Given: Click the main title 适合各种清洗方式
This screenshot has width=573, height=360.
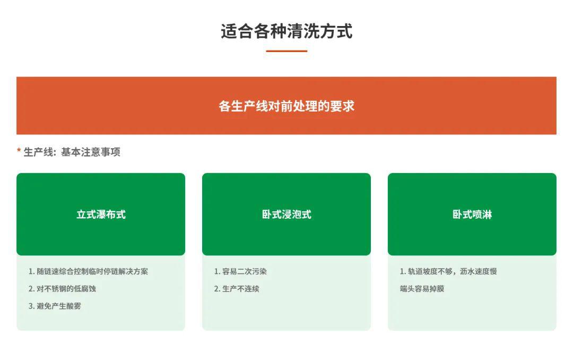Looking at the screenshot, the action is [286, 31].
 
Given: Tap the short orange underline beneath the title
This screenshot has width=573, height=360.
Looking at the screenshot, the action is [286, 51].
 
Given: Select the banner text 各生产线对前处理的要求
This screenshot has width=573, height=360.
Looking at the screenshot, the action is [286, 106].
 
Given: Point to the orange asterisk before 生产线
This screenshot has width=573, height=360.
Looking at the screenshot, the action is [19, 150].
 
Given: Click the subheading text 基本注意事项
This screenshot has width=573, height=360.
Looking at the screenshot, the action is [91, 152].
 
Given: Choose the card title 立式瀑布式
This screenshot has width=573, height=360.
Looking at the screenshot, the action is [101, 215].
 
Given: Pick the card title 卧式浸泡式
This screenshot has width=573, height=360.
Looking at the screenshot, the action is [286, 215].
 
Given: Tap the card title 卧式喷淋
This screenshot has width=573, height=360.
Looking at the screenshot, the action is [472, 215].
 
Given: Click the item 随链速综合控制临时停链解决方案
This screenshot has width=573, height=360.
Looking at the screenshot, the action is [92, 271].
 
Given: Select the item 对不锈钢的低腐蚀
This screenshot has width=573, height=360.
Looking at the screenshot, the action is [66, 289].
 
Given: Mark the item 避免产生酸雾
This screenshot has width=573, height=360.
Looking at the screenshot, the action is [59, 306].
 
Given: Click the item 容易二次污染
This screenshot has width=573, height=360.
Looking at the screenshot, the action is [245, 271].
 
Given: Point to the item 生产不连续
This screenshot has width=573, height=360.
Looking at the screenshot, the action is [241, 289].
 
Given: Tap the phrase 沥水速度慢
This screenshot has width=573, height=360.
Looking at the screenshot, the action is [479, 271].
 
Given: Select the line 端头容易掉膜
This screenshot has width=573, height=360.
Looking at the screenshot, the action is [422, 289].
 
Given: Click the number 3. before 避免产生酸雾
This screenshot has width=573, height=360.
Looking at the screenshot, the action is [31, 306].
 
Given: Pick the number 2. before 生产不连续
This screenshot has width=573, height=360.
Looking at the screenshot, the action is [217, 289].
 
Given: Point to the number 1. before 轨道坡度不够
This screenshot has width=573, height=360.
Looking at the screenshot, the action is [403, 271].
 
